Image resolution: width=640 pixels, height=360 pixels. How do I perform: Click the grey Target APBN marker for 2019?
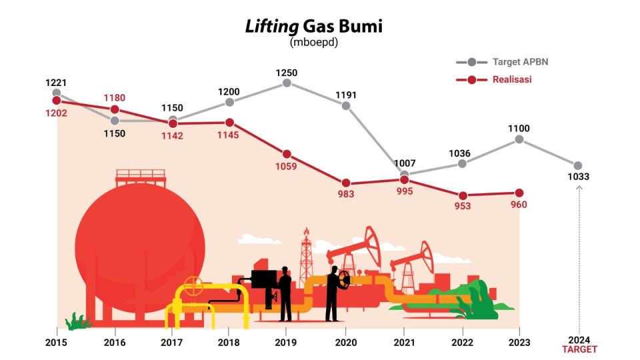pyautogui.click(x=287, y=83)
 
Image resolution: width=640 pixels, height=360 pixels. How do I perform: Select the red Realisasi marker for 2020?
pyautogui.click(x=345, y=183)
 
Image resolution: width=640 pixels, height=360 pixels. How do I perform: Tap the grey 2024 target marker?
pyautogui.click(x=578, y=165)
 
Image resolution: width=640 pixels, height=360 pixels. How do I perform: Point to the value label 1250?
pyautogui.click(x=287, y=73)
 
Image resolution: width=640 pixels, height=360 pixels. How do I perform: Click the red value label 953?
pyautogui.click(x=462, y=206)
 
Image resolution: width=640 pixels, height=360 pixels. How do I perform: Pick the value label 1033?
pyautogui.click(x=579, y=177)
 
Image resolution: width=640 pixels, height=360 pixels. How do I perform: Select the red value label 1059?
pyautogui.click(x=287, y=167)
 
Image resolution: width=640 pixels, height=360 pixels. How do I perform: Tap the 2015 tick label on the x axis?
pyautogui.click(x=57, y=343)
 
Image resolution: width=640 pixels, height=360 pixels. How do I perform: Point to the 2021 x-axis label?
pyautogui.click(x=404, y=343)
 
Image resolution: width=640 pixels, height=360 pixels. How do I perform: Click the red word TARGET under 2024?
pyautogui.click(x=579, y=349)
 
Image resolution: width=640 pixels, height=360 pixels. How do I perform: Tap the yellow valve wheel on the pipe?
pyautogui.click(x=193, y=286)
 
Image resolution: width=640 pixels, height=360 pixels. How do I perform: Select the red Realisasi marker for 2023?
pyautogui.click(x=520, y=193)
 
